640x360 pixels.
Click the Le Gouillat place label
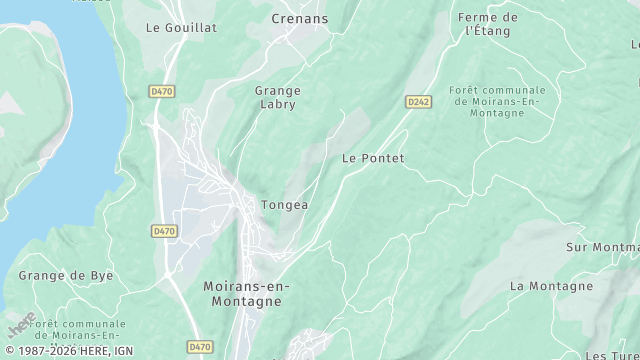[181, 28]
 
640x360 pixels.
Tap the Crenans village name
[301, 18]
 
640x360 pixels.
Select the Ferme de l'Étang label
[488, 24]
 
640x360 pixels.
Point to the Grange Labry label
[278, 97]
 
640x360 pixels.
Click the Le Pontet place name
[373, 158]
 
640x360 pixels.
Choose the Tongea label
[284, 205]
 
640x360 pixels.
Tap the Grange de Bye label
[66, 275]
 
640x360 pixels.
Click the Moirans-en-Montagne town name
[246, 294]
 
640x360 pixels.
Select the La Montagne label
[551, 286]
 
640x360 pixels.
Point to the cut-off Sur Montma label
[602, 247]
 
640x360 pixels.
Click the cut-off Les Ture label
[611, 355]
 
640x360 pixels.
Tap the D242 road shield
[418, 102]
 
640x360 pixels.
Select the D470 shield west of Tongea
[164, 231]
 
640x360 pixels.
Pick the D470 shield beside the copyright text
[200, 347]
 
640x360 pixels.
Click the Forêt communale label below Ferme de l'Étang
[498, 102]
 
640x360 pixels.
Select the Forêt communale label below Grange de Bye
[78, 330]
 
